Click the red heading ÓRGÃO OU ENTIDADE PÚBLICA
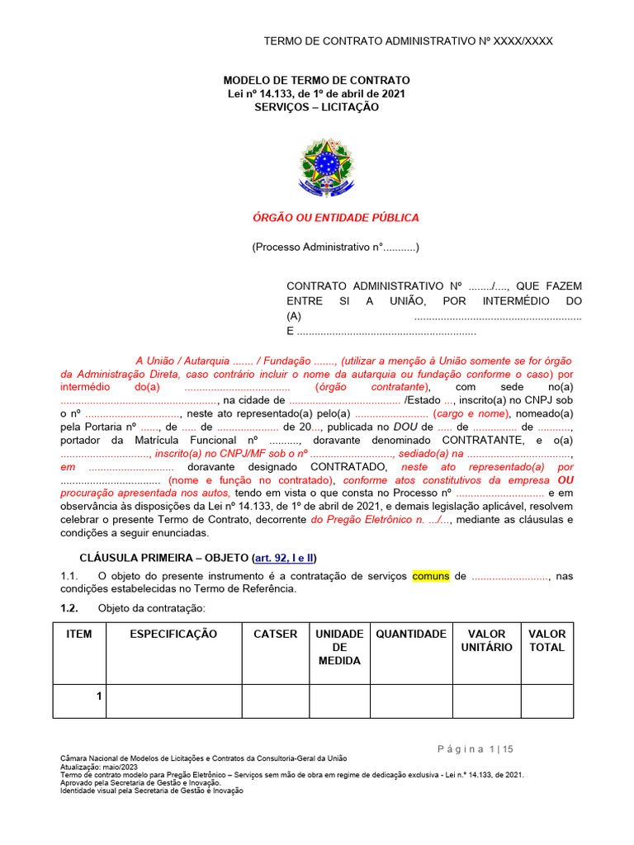pyautogui.click(x=335, y=218)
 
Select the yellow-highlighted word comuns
pyautogui.click(x=431, y=576)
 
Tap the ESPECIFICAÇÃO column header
pyautogui.click(x=173, y=634)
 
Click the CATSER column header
pyautogui.click(x=275, y=634)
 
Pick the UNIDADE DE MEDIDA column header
pyautogui.click(x=339, y=647)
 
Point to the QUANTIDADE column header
pyautogui.click(x=411, y=634)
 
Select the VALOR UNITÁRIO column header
pyautogui.click(x=486, y=640)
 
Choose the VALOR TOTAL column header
pyautogui.click(x=546, y=640)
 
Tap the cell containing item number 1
pyautogui.click(x=98, y=696)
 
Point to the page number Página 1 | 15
pyautogui.click(x=475, y=748)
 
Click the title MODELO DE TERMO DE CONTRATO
pyautogui.click(x=316, y=80)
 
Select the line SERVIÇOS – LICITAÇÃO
pyautogui.click(x=316, y=107)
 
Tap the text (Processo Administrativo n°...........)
pyautogui.click(x=336, y=247)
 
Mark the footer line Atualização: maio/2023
pyautogui.click(x=98, y=767)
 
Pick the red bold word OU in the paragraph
pyautogui.click(x=565, y=480)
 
